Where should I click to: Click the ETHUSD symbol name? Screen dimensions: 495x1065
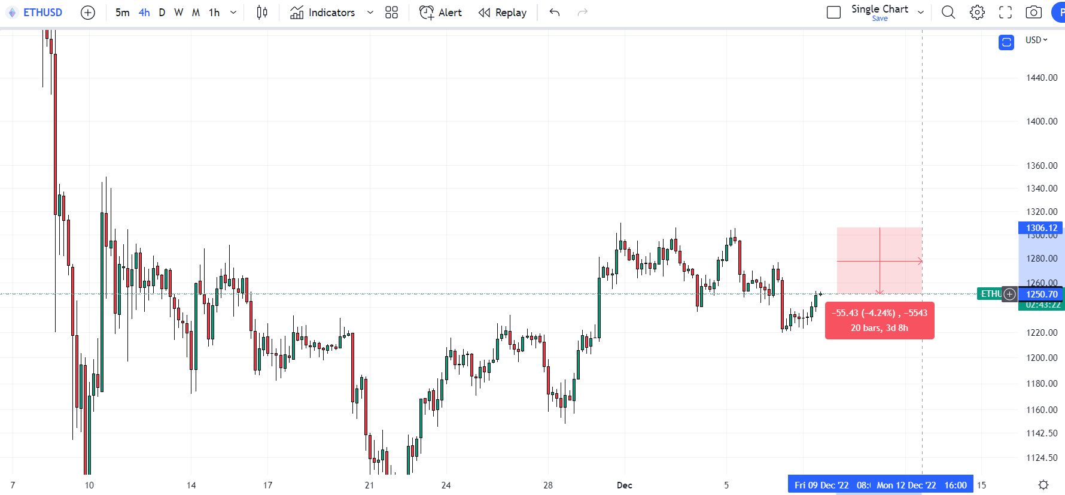click(x=42, y=13)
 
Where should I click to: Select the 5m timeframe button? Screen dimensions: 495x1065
click(x=122, y=13)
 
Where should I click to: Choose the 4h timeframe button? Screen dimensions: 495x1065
click(x=144, y=13)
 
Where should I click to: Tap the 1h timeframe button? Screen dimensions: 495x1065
click(x=214, y=13)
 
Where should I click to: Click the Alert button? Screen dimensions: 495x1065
click(x=441, y=13)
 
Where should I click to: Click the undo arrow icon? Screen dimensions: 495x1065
click(x=555, y=13)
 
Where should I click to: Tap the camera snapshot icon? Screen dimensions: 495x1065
click(x=1033, y=13)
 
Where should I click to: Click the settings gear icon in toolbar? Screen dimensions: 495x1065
click(x=977, y=13)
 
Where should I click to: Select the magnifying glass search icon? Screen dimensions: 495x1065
click(x=948, y=13)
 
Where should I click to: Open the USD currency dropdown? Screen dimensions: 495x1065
click(x=1036, y=40)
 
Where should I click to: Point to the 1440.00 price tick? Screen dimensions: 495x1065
click(x=1042, y=78)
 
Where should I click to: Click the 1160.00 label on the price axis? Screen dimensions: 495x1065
click(x=1042, y=410)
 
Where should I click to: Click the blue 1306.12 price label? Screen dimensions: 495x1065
click(x=1041, y=228)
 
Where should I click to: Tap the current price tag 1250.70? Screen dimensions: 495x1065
click(x=1042, y=294)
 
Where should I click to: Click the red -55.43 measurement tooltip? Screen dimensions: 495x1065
click(x=879, y=321)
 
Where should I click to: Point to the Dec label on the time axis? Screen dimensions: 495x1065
click(x=624, y=485)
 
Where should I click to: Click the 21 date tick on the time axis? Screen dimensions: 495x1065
click(x=369, y=485)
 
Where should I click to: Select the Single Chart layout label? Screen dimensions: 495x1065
click(x=880, y=9)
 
